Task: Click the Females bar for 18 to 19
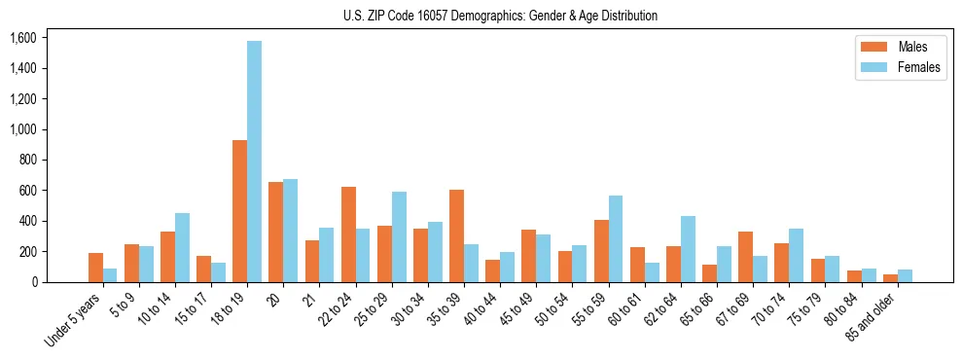click(254, 162)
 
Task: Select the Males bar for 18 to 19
click(239, 211)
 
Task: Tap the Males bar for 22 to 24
click(348, 234)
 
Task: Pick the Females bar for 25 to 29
click(399, 236)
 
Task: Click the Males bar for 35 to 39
click(456, 235)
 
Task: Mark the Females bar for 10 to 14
click(182, 247)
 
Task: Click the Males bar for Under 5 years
click(95, 268)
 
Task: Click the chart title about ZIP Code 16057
click(500, 16)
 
